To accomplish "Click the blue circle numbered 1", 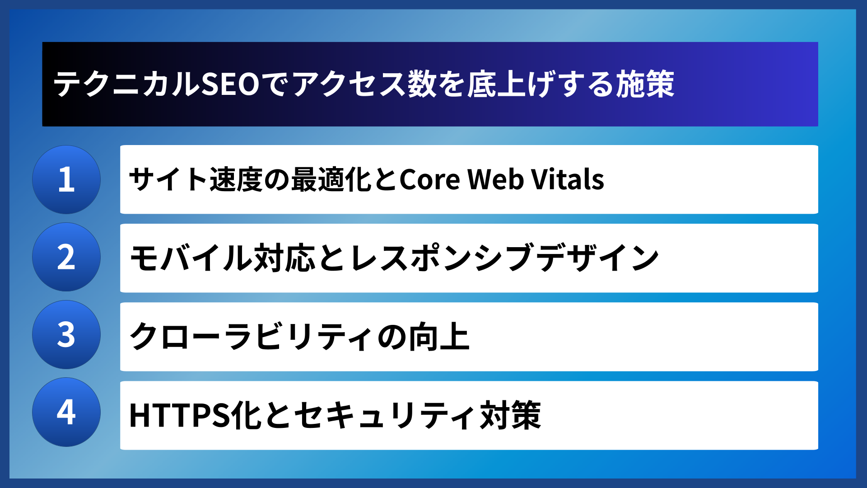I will (x=66, y=179).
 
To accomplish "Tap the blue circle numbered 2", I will (x=66, y=257).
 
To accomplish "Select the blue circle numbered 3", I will (x=66, y=335).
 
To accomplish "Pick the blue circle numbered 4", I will (x=66, y=412).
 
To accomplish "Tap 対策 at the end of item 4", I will (x=510, y=415).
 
